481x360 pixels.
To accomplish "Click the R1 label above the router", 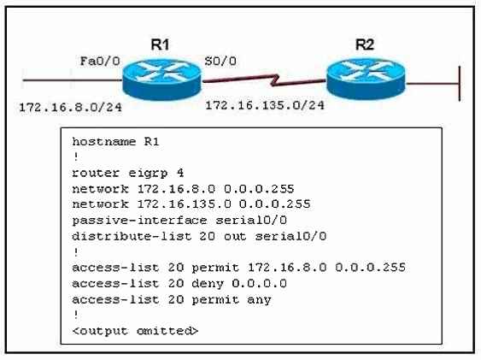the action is [160, 44].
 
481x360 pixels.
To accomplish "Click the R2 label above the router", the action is [365, 44].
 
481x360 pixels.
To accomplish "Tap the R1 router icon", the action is [161, 79].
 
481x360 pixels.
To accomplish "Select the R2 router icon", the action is [366, 79].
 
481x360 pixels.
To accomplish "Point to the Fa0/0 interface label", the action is [100, 61].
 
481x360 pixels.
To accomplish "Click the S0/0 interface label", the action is [220, 61].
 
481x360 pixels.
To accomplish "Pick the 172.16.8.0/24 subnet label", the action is [70, 108].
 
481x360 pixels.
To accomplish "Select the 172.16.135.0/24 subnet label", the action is [265, 105].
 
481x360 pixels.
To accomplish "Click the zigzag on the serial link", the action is [276, 80].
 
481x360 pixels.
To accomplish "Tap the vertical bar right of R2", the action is [460, 84].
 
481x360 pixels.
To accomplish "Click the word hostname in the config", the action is [103, 141].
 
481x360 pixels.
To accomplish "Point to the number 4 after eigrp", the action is [180, 173].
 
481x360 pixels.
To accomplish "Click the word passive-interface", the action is [139, 220].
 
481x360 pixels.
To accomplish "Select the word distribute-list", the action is [132, 236].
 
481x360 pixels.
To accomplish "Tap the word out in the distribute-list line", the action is [235, 236].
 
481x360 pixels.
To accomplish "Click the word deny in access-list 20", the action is [208, 284].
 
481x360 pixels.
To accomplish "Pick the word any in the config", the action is [259, 300].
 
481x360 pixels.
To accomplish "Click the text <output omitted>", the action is [135, 331].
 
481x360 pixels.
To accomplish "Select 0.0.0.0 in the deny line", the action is [259, 283].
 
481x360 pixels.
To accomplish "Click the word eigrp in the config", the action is [148, 174].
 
